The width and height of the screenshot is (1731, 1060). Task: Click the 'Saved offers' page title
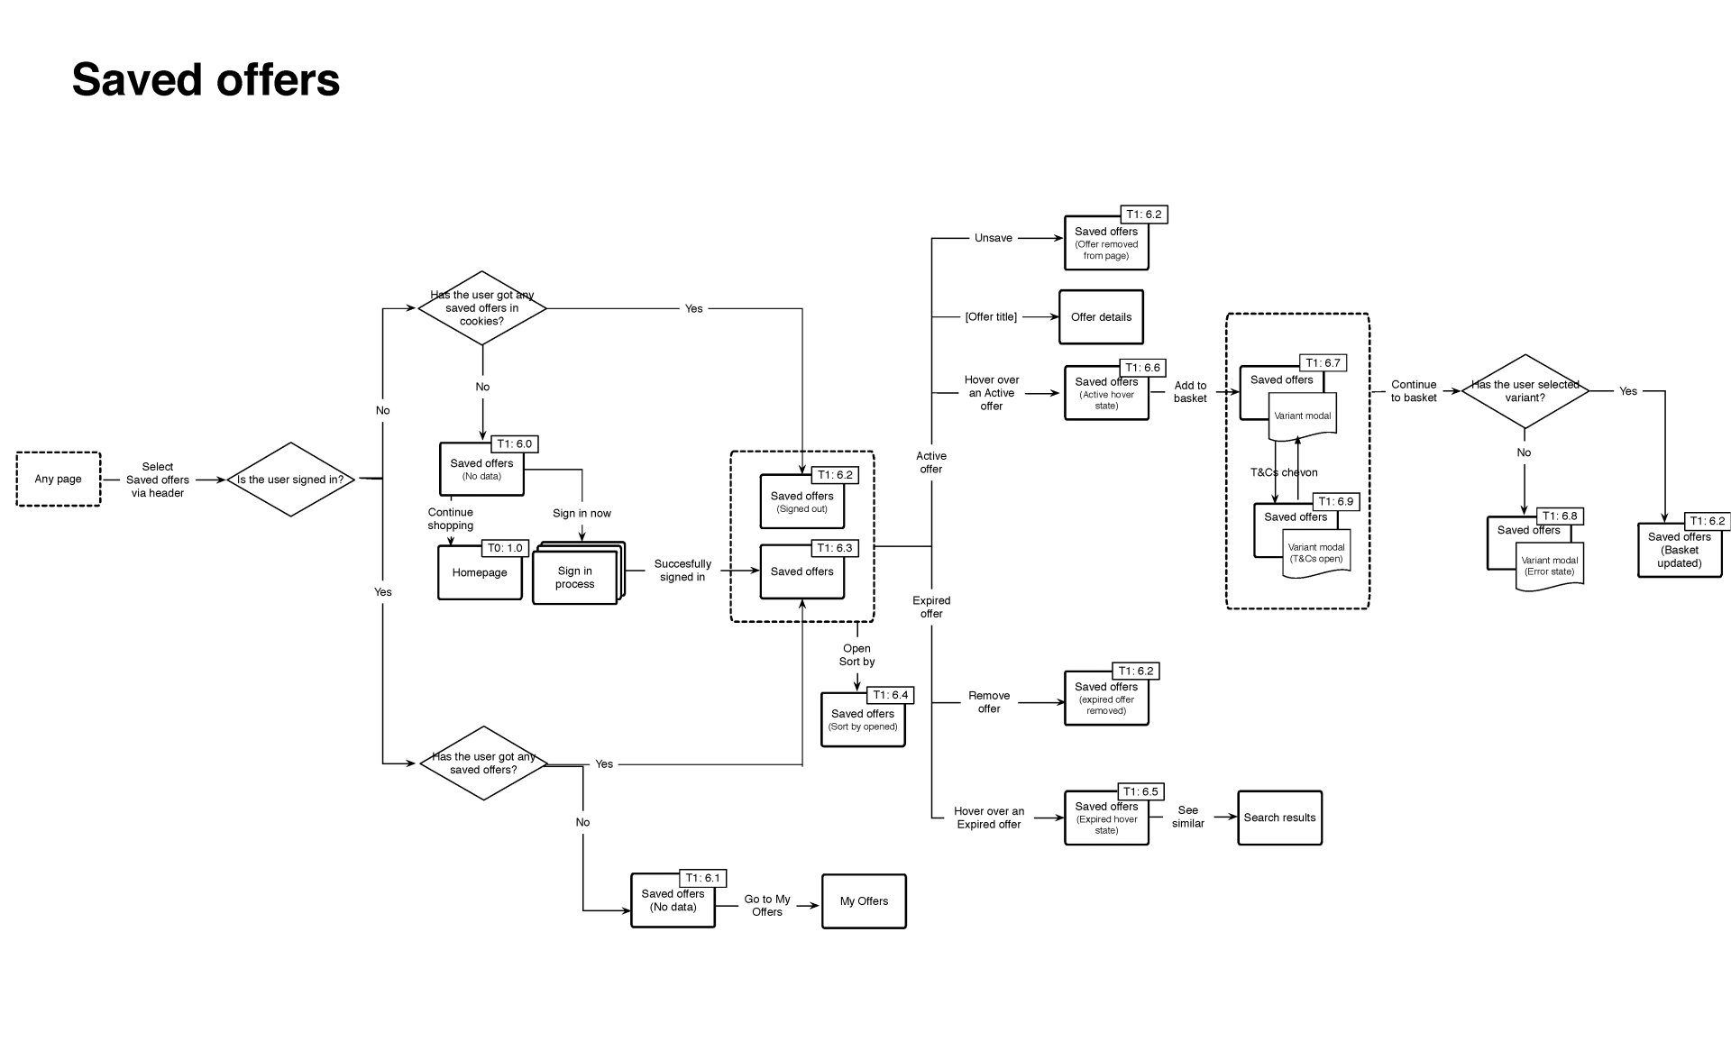[x=206, y=79]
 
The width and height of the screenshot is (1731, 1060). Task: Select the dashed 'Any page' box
[x=59, y=480]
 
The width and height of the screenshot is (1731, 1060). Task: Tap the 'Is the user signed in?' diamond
[x=290, y=480]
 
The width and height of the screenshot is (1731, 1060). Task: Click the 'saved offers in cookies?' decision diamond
[x=482, y=308]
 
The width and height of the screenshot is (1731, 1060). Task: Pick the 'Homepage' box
[x=480, y=572]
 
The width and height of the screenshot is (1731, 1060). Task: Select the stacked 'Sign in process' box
[x=577, y=573]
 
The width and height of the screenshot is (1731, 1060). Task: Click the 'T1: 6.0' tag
[x=514, y=444]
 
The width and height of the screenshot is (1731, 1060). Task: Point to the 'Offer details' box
[x=1101, y=317]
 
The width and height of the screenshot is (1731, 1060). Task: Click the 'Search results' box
[x=1279, y=818]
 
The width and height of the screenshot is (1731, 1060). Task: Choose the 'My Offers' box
[x=864, y=901]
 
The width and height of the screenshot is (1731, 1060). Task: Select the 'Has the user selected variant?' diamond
[x=1525, y=391]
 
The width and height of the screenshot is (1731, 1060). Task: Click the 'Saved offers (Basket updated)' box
[x=1680, y=550]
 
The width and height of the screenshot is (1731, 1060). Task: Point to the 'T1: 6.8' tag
[x=1560, y=516]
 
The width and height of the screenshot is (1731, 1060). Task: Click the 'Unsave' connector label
[x=994, y=238]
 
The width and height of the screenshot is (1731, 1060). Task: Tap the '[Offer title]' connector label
[x=991, y=317]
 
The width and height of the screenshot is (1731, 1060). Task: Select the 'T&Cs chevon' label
[x=1284, y=472]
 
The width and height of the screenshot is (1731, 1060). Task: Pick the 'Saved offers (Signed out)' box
[x=802, y=502]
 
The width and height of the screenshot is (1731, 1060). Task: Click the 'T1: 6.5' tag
[x=1140, y=792]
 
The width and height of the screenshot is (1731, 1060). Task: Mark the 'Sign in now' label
[x=582, y=514]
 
